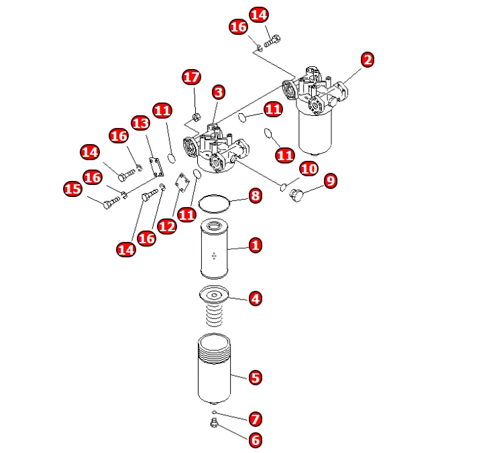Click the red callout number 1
[x=255, y=245]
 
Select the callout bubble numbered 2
[x=367, y=60]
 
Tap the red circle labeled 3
[x=218, y=92]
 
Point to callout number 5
[x=255, y=378]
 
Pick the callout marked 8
[x=255, y=196]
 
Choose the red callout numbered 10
[x=309, y=169]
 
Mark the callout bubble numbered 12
[x=166, y=226]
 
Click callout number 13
[x=140, y=123]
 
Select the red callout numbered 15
[x=72, y=189]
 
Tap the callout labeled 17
[x=191, y=77]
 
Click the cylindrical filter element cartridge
[x=215, y=250]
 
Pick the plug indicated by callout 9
[x=295, y=195]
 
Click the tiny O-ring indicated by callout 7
[x=214, y=411]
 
